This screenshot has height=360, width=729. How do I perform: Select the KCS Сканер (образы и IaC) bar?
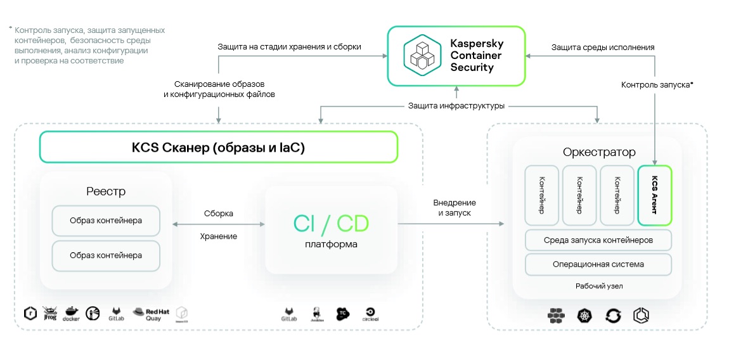[219, 147]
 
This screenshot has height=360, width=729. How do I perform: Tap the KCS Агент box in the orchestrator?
[655, 195]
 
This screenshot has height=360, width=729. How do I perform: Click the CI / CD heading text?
[331, 223]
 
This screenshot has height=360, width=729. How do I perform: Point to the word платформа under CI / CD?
[331, 244]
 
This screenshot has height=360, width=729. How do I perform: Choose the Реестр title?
[106, 191]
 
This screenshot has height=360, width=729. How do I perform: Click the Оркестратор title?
[598, 153]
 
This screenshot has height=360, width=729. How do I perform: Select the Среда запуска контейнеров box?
[598, 240]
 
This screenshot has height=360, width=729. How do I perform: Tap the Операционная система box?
[598, 264]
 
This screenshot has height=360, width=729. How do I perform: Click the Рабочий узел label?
[599, 286]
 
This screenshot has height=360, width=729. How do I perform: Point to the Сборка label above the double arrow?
[219, 214]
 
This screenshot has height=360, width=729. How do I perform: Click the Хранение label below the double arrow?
[219, 236]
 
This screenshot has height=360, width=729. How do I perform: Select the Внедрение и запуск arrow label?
[455, 208]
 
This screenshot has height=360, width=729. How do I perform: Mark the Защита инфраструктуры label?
[456, 106]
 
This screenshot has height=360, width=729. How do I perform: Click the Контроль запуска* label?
[657, 84]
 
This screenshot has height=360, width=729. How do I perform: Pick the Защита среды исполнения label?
[603, 47]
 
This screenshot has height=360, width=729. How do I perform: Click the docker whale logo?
[70, 313]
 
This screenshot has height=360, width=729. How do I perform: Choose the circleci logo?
[370, 312]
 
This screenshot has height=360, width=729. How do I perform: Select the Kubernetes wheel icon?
[584, 315]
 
